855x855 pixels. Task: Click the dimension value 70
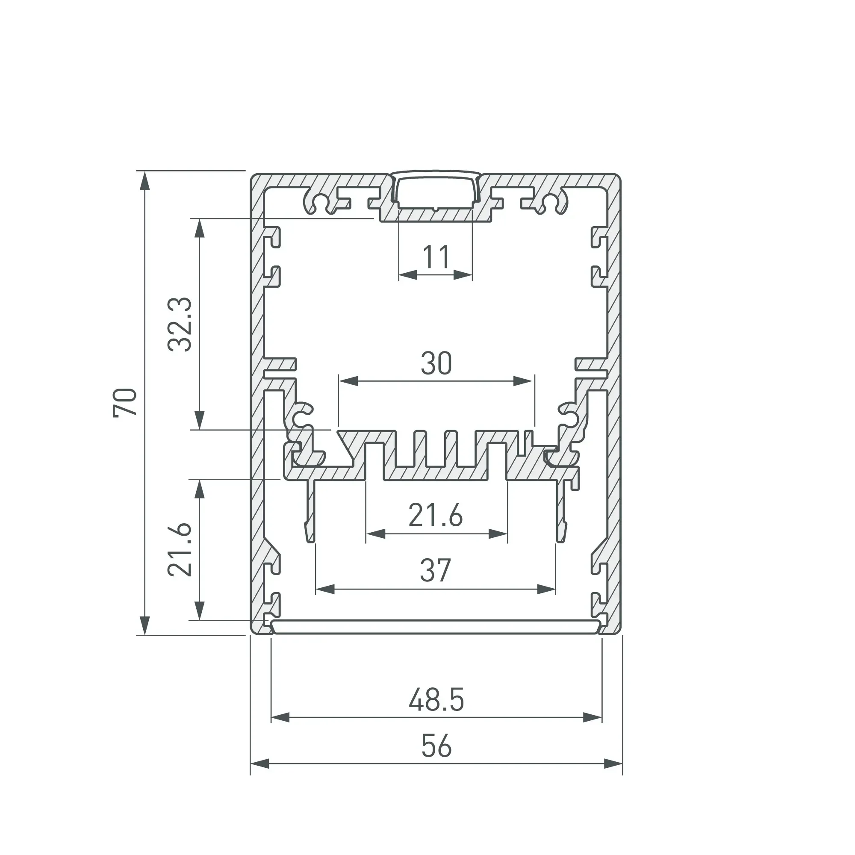pos(125,402)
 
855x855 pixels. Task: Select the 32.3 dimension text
pos(180,324)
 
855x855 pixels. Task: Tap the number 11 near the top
pos(436,256)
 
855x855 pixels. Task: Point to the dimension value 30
pos(436,363)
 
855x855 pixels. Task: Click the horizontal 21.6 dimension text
pos(436,515)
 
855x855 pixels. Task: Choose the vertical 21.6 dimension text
pos(180,549)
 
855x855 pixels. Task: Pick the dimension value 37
pos(436,570)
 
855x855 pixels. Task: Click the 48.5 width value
pos(436,700)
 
